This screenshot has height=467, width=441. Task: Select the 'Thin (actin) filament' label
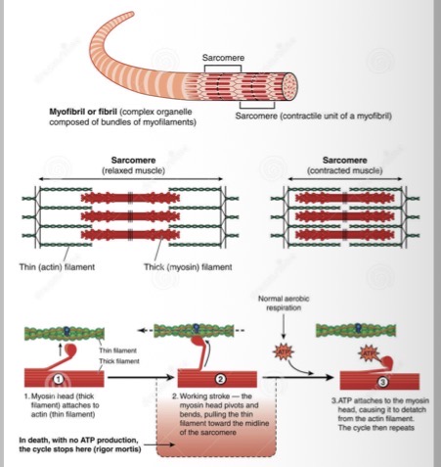point(52,266)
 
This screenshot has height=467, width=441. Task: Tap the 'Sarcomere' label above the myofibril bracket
point(222,59)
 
